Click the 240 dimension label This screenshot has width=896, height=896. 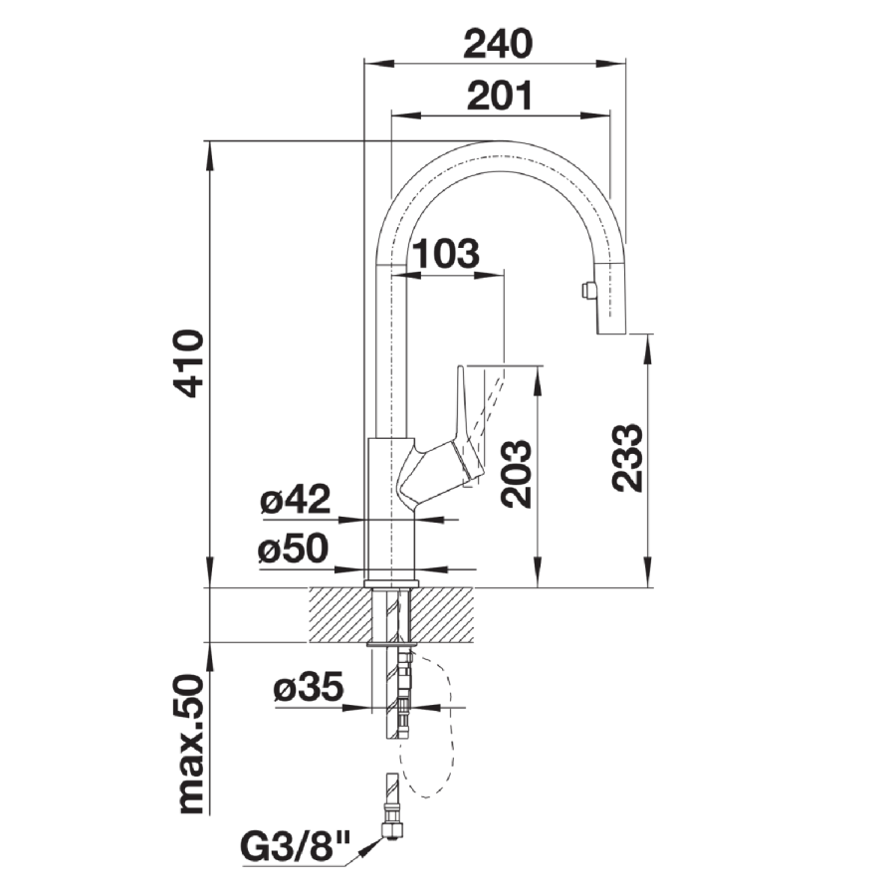tap(498, 44)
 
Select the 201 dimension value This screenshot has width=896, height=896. tap(499, 95)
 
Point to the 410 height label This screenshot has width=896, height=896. tap(189, 362)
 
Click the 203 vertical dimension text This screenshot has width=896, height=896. tap(516, 474)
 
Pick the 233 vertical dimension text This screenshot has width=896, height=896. tap(627, 458)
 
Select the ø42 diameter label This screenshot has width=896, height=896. tap(296, 499)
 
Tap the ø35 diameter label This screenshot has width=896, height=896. tap(309, 686)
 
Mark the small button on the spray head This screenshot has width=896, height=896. tap(586, 291)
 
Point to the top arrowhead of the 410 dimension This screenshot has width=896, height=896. tap(210, 155)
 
